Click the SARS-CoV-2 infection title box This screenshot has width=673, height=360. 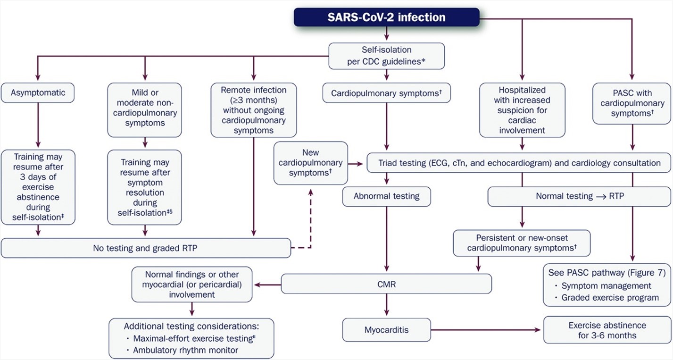386,18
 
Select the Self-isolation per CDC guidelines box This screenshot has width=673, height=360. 386,56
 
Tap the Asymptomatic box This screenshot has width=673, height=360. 38,93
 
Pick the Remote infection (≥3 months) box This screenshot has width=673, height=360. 255,110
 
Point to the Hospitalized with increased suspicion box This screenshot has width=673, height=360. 522,109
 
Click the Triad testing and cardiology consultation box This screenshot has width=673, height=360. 519,163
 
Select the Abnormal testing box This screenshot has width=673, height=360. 386,195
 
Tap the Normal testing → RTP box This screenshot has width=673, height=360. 580,195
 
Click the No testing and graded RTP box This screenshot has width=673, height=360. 146,248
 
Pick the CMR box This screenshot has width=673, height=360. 386,285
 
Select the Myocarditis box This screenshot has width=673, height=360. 386,330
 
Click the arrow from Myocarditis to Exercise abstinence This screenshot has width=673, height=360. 486,330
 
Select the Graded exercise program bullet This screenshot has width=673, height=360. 610,297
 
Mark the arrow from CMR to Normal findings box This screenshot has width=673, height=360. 267,285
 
